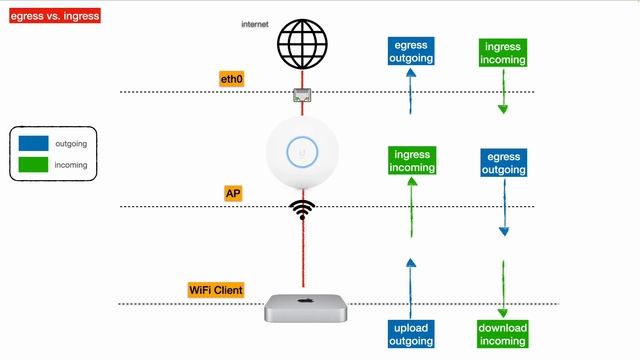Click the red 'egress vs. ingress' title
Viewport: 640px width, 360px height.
(x=51, y=16)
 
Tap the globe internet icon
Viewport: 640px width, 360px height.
(x=302, y=44)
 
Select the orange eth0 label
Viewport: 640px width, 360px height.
(x=232, y=78)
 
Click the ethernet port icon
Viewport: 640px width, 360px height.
(x=302, y=95)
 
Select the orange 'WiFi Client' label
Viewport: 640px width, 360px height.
(x=216, y=290)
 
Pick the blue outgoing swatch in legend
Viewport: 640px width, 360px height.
(x=34, y=142)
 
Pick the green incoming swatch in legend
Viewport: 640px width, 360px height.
(x=34, y=165)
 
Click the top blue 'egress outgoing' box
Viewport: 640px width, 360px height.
(x=411, y=52)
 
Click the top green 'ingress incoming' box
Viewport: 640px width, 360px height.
(x=502, y=53)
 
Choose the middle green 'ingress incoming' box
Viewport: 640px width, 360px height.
(x=412, y=161)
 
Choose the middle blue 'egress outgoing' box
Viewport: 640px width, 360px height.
(x=502, y=164)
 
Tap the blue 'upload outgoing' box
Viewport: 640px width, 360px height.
(x=411, y=335)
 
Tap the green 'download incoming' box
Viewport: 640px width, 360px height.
(x=502, y=335)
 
